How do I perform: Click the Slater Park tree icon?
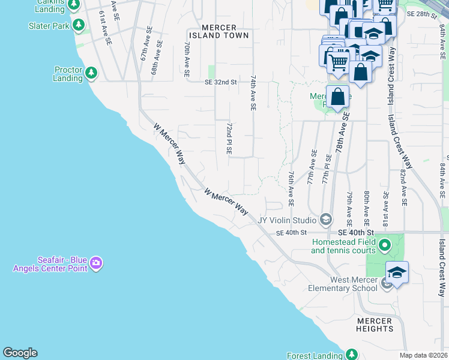click(x=78, y=25)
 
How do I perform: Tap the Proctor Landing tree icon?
click(x=91, y=73)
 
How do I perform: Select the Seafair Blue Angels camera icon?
click(x=96, y=263)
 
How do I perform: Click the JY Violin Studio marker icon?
click(x=325, y=219)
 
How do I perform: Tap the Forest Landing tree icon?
click(x=351, y=355)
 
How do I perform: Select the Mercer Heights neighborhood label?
click(x=374, y=325)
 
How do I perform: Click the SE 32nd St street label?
click(x=221, y=82)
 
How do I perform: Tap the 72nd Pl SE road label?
click(x=229, y=139)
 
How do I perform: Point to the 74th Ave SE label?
click(x=253, y=92)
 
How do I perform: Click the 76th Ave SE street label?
click(x=291, y=188)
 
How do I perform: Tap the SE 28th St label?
click(x=420, y=13)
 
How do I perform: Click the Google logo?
click(x=20, y=353)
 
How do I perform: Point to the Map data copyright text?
click(x=423, y=355)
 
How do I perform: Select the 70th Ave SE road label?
click(x=187, y=58)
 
